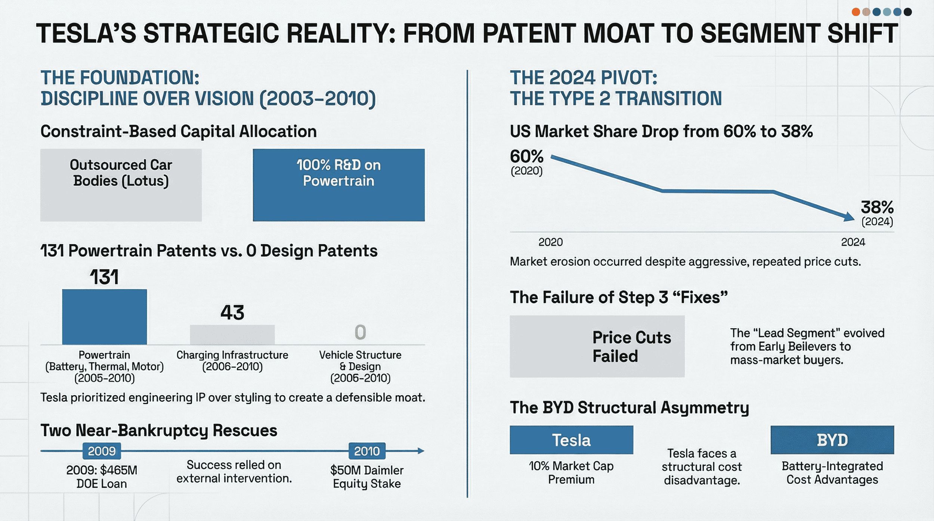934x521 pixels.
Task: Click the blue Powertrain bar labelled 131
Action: [104, 317]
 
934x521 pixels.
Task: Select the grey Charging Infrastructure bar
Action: [232, 335]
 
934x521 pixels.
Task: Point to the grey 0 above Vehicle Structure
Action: [360, 332]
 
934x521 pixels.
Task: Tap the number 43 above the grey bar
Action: [232, 312]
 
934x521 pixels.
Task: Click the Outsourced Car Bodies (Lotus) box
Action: [121, 185]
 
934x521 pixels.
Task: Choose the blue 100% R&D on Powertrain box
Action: [338, 185]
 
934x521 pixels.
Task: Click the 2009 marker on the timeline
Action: [102, 451]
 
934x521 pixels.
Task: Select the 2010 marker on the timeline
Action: [367, 451]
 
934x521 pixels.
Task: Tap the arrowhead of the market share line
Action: [850, 217]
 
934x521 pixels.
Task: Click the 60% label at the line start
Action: [527, 157]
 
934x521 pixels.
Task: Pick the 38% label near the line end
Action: [877, 207]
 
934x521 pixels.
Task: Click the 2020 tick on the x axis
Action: [550, 242]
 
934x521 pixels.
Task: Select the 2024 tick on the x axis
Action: [853, 242]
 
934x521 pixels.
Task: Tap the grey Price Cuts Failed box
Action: [597, 347]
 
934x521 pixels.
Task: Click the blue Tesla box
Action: [571, 440]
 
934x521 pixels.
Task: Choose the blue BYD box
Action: [832, 440]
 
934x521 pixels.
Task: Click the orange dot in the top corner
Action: [856, 12]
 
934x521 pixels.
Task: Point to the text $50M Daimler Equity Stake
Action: [367, 477]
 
